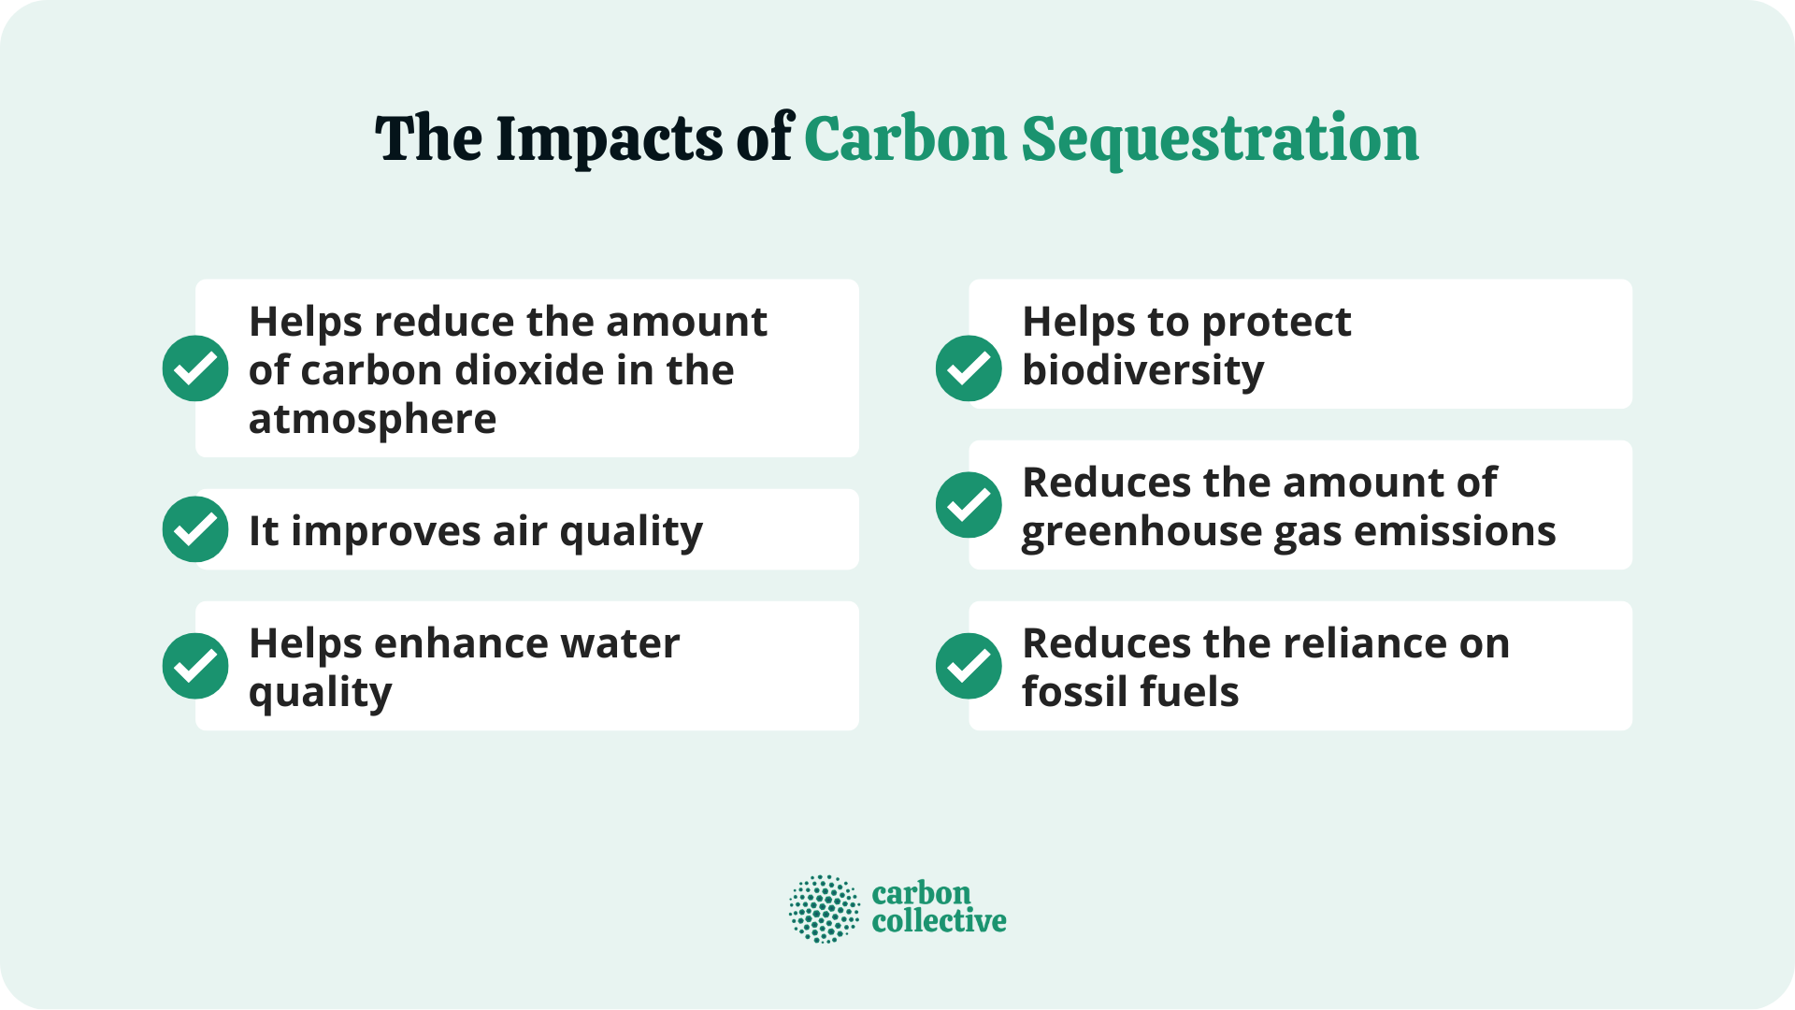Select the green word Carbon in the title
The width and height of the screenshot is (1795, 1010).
point(905,139)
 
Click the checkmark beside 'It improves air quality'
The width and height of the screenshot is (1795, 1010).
point(195,529)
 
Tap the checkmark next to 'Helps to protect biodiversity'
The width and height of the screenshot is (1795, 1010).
point(969,368)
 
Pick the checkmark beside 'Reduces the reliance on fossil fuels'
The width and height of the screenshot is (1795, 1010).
point(969,666)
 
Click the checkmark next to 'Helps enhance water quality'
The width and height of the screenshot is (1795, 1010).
point(195,666)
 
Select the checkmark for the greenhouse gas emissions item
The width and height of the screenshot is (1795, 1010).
point(969,505)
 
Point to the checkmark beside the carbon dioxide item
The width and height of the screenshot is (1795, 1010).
point(195,368)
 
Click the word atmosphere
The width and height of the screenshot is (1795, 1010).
point(372,419)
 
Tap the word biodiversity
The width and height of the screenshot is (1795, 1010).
point(1142,371)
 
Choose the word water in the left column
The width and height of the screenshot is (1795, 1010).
point(621,643)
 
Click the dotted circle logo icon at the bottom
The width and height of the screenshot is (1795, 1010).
point(824,908)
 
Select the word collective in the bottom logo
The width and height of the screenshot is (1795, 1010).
point(939,922)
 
